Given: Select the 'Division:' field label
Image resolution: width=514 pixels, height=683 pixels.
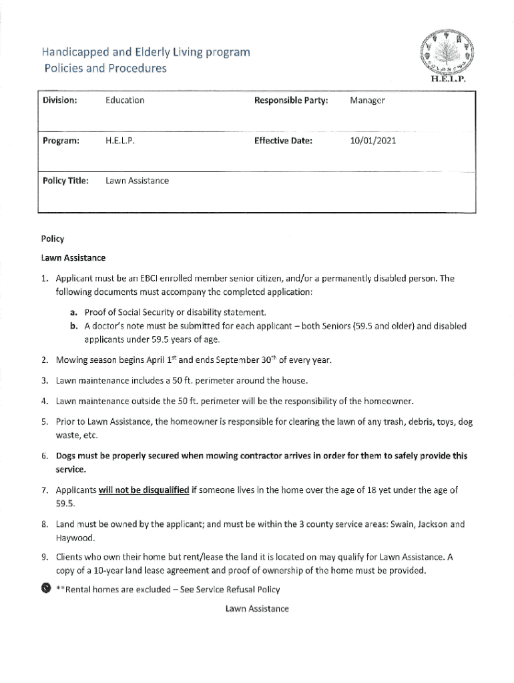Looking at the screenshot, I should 59,101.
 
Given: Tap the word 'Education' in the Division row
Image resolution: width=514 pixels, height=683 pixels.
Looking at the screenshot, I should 125,101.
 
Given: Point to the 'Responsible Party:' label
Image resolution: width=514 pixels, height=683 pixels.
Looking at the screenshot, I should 290,101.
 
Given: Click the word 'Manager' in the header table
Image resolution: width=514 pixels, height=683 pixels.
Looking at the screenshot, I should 366,101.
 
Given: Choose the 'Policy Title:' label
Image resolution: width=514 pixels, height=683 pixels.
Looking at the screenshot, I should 65,181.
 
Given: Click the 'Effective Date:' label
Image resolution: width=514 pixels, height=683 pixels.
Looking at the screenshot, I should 283,141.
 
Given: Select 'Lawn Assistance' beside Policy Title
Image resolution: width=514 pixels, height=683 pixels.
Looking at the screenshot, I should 137,181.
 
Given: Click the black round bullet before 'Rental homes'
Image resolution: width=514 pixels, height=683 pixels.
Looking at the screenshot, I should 45,588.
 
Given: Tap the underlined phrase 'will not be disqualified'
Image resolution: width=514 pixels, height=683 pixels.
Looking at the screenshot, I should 144,490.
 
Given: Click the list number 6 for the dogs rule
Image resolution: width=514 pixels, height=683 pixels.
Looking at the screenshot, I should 43,456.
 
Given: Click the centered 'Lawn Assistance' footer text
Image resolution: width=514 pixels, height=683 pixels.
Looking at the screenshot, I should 257,608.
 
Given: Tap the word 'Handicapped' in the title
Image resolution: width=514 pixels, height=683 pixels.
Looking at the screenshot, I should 71,51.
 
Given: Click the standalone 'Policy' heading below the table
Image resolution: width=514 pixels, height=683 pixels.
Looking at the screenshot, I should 52,239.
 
